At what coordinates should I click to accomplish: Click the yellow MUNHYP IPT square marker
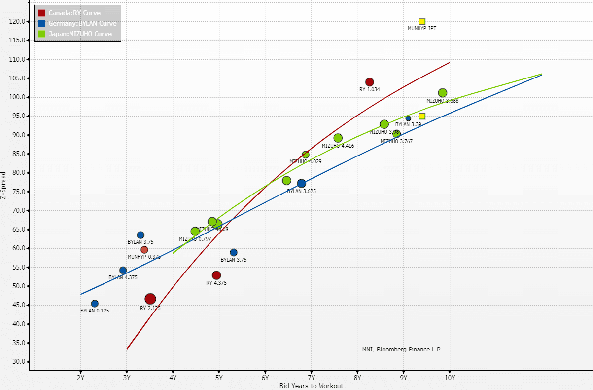(422, 22)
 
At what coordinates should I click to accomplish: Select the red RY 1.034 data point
(370, 82)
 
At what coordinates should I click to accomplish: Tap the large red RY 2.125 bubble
(150, 299)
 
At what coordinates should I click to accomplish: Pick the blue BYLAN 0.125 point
(95, 304)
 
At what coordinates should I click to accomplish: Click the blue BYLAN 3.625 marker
(302, 184)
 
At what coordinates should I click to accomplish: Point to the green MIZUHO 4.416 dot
(338, 138)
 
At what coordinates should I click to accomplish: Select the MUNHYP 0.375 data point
(144, 250)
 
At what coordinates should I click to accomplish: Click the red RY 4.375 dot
(216, 275)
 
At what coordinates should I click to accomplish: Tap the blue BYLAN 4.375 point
(123, 271)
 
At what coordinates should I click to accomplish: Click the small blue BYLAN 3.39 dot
(408, 118)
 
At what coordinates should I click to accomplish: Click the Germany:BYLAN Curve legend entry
(82, 23)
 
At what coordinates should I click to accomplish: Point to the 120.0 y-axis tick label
(18, 21)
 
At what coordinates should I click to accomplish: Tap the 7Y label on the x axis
(311, 379)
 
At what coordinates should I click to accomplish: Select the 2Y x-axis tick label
(80, 379)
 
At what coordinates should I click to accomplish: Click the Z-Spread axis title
(4, 185)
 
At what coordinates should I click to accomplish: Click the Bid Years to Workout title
(311, 386)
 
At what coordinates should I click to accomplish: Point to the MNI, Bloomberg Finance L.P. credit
(402, 350)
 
